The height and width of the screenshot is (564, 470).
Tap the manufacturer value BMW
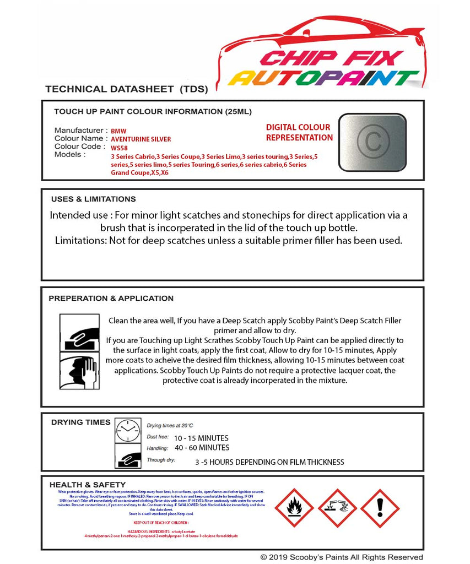(118, 132)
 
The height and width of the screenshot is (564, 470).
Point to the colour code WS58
(118, 148)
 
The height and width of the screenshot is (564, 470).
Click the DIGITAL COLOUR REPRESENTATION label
(299, 133)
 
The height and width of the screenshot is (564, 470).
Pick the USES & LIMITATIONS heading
(93, 199)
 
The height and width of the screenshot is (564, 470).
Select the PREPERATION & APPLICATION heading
(111, 299)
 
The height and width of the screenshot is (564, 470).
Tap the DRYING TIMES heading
(80, 422)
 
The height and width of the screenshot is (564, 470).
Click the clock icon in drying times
(128, 430)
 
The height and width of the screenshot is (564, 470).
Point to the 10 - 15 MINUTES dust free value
(201, 438)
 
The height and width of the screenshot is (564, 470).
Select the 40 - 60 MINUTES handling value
(202, 448)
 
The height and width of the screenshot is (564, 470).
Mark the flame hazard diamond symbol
(294, 508)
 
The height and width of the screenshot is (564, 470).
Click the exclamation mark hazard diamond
(380, 508)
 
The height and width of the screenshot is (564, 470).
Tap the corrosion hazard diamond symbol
(337, 508)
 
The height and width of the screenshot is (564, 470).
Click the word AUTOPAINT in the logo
(323, 78)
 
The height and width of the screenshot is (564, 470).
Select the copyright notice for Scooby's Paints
(342, 557)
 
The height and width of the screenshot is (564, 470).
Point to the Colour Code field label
(78, 147)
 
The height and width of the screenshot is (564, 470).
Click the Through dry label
(161, 459)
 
